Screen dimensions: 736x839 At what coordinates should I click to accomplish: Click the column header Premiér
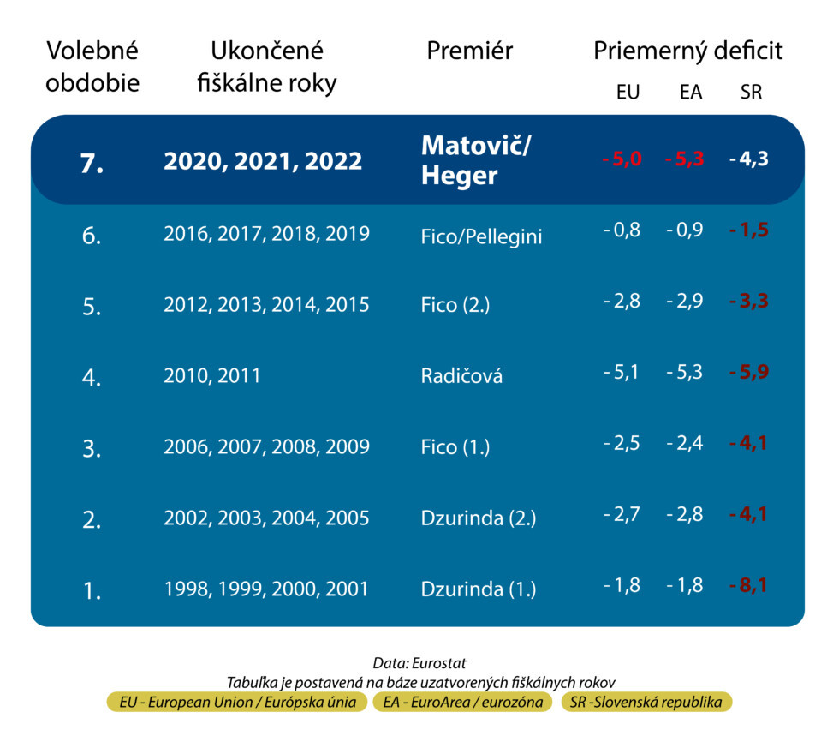pos(469,51)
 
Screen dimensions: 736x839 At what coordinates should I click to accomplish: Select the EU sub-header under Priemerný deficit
pos(628,93)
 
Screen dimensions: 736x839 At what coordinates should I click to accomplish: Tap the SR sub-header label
pos(750,93)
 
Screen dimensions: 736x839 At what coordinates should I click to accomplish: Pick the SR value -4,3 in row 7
pos(748,159)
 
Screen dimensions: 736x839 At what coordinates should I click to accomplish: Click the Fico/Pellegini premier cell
pos(482,236)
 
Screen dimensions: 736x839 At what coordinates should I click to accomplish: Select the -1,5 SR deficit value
pos(748,231)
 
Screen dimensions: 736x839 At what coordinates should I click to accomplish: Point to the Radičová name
pos(461,375)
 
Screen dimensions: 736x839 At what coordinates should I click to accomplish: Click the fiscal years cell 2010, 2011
pos(212,375)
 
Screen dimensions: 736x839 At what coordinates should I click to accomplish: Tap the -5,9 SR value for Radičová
pos(748,373)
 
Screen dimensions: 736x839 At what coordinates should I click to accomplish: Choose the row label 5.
pos(92,306)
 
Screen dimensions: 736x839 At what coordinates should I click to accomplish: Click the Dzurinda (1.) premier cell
pos(479,589)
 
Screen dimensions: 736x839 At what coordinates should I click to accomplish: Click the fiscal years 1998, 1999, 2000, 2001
pos(266,589)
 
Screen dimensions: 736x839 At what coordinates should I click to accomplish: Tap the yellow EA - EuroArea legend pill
pos(464,703)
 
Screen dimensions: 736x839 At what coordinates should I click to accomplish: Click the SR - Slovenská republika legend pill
pos(646,703)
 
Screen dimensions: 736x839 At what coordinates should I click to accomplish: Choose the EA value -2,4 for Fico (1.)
pos(685,444)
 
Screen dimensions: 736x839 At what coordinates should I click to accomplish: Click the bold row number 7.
pos(92,163)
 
